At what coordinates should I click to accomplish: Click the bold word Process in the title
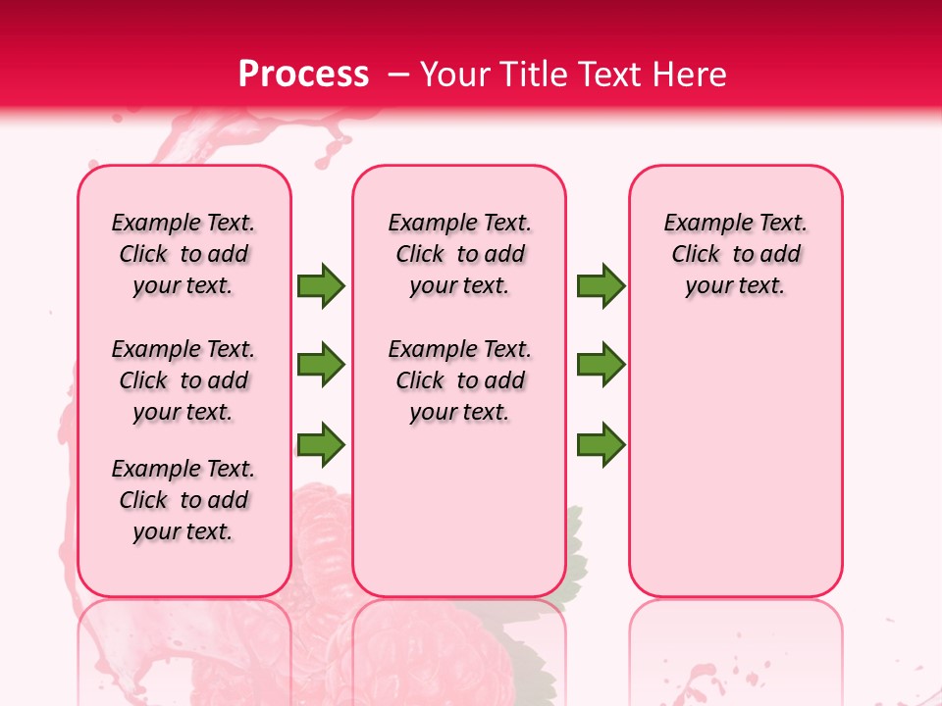pos(303,75)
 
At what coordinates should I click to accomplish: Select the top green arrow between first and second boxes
pos(321,285)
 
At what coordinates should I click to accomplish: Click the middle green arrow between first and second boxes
pos(321,365)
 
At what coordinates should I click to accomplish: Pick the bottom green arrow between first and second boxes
pos(321,444)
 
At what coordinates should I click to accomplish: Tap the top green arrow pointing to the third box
pos(601,285)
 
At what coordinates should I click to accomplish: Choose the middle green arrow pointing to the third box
pos(601,365)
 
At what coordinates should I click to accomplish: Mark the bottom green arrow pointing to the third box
pos(601,444)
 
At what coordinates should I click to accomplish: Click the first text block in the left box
pos(183,254)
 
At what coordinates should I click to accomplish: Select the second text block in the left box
pos(183,380)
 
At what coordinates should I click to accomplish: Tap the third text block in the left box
pos(183,500)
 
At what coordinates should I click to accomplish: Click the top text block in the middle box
pos(459,254)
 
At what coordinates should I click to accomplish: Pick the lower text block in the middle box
pos(459,380)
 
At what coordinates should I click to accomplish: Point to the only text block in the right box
pos(735,254)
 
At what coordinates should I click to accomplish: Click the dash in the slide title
pos(398,75)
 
